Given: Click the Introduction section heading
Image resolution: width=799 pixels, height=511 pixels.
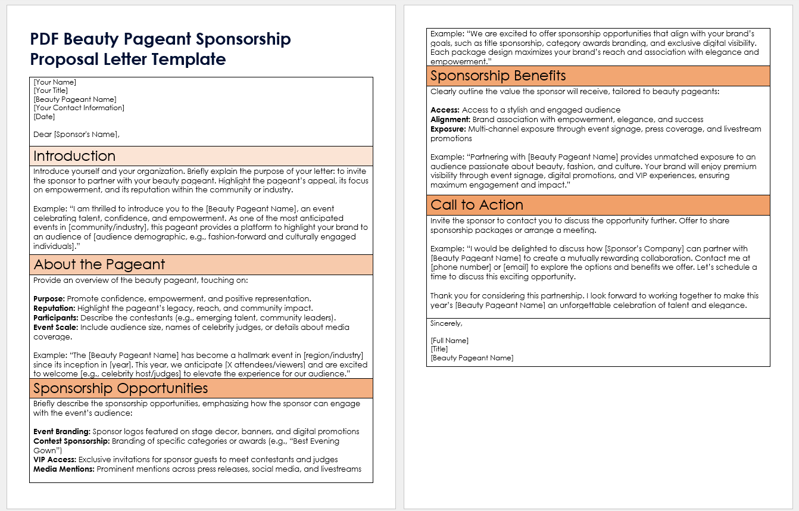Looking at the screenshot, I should pyautogui.click(x=74, y=156).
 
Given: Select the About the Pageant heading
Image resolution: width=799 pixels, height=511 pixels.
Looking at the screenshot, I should pyautogui.click(x=99, y=264).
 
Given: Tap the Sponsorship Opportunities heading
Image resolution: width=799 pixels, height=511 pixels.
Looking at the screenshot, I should pyautogui.click(x=121, y=388).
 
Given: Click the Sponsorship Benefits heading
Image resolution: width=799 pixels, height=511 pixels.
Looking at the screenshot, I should pyautogui.click(x=498, y=76).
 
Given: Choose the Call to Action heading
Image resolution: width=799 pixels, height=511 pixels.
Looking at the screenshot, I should pyautogui.click(x=477, y=205).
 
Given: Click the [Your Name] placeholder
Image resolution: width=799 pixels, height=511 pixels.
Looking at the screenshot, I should pyautogui.click(x=55, y=82).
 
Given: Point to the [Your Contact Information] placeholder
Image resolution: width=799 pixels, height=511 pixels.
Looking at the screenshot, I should pyautogui.click(x=79, y=108).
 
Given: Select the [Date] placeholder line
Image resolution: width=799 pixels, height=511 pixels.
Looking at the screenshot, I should pyautogui.click(x=45, y=117).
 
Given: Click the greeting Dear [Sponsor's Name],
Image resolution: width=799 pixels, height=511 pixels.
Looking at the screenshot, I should pyautogui.click(x=77, y=134).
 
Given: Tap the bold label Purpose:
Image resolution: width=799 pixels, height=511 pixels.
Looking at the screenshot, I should pyautogui.click(x=49, y=298).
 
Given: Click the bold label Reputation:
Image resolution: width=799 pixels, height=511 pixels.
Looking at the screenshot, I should pyautogui.click(x=54, y=308).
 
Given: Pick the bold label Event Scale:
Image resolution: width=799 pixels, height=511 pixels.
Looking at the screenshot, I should pyautogui.click(x=56, y=327).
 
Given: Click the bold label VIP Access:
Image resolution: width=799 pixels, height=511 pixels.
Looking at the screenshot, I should pyautogui.click(x=55, y=459).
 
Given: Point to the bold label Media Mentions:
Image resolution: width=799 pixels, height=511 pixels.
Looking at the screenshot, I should pyautogui.click(x=64, y=469).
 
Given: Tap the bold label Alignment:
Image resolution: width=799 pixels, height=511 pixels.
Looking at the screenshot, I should pyautogui.click(x=450, y=119).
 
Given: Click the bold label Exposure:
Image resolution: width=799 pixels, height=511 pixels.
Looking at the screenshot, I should pyautogui.click(x=448, y=129).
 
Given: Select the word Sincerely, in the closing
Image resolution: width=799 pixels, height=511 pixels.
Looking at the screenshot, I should pyautogui.click(x=446, y=323).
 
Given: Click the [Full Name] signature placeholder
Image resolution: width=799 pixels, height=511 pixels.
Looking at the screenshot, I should pyautogui.click(x=450, y=341).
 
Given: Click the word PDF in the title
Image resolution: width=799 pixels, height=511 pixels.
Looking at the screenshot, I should pyautogui.click(x=45, y=39).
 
